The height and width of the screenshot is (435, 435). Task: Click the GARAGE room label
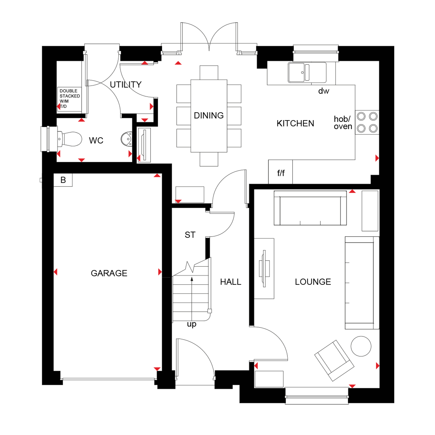click(109, 273)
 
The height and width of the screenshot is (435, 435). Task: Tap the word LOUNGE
click(313, 282)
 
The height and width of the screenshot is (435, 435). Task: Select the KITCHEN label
click(295, 123)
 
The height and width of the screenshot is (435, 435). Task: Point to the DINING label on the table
click(209, 115)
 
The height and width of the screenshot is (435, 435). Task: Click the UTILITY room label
click(126, 84)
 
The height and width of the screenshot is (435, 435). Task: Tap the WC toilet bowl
click(70, 139)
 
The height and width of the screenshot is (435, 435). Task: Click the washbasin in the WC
click(127, 139)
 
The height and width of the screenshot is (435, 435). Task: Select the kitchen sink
click(307, 72)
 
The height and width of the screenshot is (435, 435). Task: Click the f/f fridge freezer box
click(280, 172)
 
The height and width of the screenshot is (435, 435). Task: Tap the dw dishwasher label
click(324, 91)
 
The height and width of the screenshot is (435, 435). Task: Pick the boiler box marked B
click(63, 180)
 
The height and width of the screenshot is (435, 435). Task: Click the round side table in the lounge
click(361, 346)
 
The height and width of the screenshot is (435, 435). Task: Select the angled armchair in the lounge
click(334, 360)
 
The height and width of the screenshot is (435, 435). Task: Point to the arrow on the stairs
click(192, 299)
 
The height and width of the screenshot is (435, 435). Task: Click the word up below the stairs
click(192, 324)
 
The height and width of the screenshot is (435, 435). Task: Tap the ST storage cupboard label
click(190, 235)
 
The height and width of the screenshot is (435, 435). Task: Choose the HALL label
click(231, 282)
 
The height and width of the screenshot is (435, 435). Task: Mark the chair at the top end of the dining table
click(209, 72)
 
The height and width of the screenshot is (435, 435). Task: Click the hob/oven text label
click(343, 123)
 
